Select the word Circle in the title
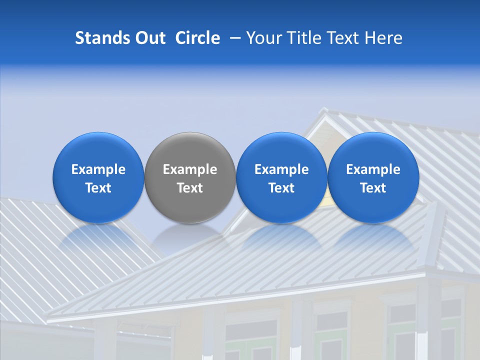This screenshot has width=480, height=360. pos(197,38)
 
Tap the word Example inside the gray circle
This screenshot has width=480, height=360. pos(190,169)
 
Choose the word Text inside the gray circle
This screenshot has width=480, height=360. pos(190,188)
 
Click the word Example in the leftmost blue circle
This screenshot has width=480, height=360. pos(98,169)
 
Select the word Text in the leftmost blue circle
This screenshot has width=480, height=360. pos(98,188)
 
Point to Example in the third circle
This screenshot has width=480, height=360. pos(281,169)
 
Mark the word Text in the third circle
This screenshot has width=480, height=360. pos(281,188)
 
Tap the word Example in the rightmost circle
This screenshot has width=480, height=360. pos(373,169)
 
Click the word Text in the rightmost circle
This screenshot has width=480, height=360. pos(373,188)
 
